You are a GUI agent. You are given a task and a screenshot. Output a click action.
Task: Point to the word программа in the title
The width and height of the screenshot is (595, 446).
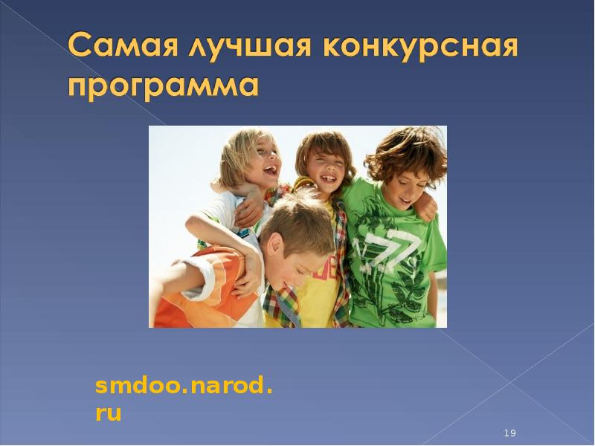click(x=164, y=86)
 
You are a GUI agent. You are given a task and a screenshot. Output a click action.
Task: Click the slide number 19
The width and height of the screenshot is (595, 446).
click(x=509, y=433)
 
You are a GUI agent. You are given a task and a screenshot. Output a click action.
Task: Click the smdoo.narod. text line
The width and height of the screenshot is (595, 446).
click(x=184, y=387)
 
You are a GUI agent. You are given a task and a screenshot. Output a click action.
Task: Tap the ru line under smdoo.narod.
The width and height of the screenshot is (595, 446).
click(x=109, y=413)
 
